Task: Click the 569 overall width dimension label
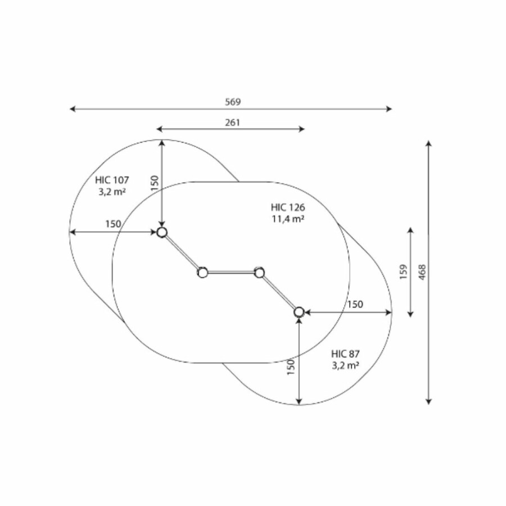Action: click(233, 102)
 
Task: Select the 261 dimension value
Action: click(232, 123)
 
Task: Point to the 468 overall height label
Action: click(422, 272)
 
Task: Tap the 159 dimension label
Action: click(403, 272)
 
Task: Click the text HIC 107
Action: click(112, 180)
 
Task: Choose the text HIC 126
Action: click(288, 207)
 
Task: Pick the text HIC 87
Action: click(345, 354)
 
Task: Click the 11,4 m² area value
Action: click(288, 219)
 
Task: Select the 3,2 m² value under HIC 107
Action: click(112, 192)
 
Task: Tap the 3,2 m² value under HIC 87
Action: click(346, 366)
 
